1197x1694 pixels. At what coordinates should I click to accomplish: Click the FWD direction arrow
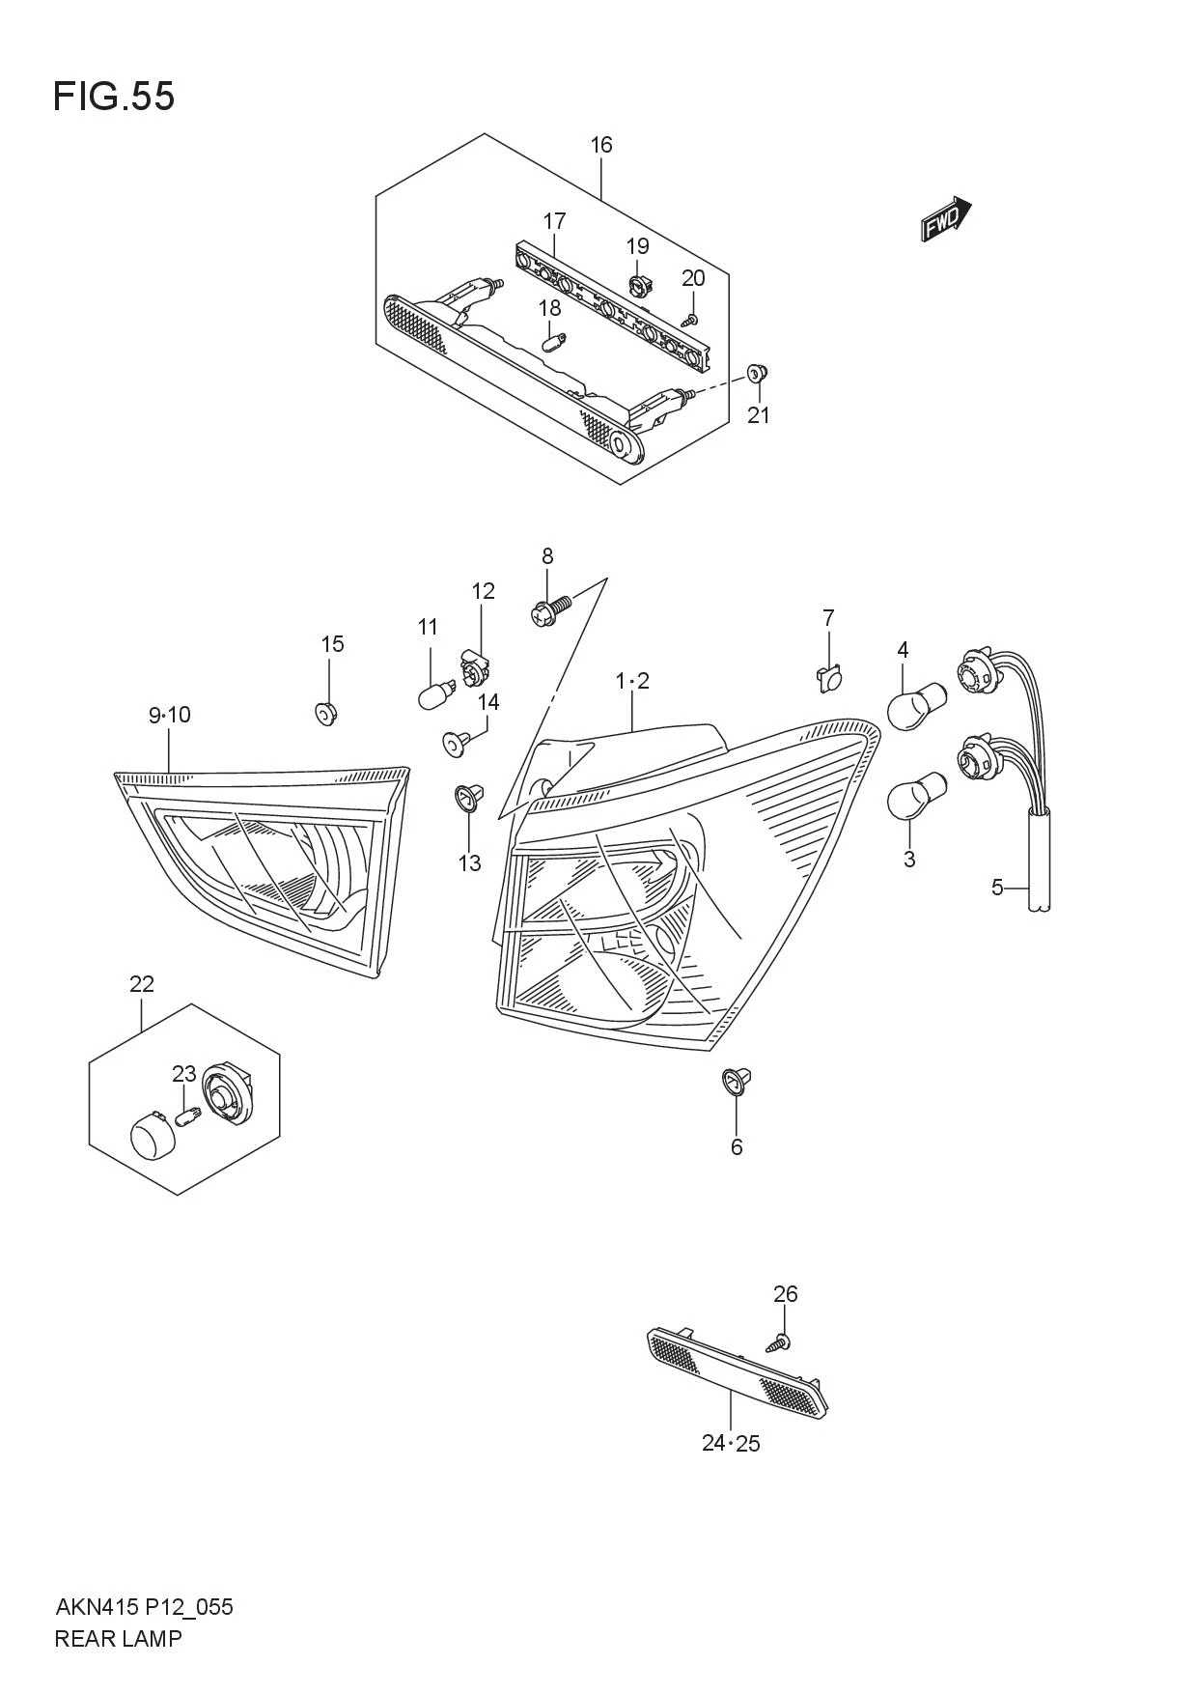click(x=945, y=219)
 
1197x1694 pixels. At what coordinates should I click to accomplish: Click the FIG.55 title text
click(x=114, y=97)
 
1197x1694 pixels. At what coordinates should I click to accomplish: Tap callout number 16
click(x=601, y=145)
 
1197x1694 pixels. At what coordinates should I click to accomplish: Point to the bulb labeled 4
click(x=916, y=706)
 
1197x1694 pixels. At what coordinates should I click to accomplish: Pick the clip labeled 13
click(x=468, y=798)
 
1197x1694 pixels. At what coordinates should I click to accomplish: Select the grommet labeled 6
click(x=738, y=1082)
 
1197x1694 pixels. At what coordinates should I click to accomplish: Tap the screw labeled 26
click(x=779, y=1341)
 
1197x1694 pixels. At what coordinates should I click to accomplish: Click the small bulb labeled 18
click(x=554, y=341)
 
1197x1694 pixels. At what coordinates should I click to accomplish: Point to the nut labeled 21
click(x=758, y=373)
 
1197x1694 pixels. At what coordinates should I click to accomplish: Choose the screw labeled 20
click(x=690, y=319)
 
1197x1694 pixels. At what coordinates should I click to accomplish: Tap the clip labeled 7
click(x=825, y=679)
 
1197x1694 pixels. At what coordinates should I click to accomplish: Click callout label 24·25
click(x=731, y=1444)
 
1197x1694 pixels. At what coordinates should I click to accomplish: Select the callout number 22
click(x=142, y=984)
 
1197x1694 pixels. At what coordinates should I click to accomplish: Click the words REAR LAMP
click(x=118, y=1638)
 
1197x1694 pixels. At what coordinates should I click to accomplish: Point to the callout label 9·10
click(x=170, y=715)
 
